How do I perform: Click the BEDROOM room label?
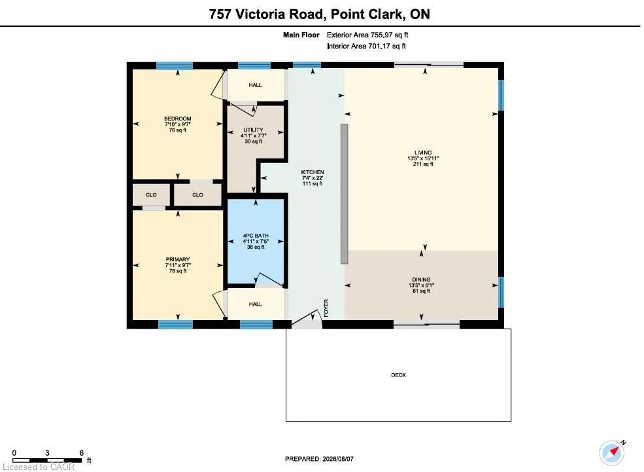point(178,119)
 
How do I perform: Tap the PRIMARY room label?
point(178,259)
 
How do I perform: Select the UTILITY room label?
point(254,130)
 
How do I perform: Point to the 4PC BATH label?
point(256,236)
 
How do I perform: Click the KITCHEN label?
point(313,172)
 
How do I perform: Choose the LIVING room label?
point(423,153)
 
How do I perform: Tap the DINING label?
point(422,280)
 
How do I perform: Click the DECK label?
point(398,375)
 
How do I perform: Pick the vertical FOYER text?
point(326,308)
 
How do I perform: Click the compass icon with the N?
point(612,452)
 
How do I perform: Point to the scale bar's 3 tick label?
point(47,452)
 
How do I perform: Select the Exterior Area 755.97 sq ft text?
point(367,35)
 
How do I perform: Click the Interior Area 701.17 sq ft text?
point(366,46)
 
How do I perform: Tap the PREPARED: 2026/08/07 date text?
point(319,459)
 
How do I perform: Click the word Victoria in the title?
point(279,14)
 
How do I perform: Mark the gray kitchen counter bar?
point(344,194)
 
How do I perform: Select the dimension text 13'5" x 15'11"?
point(424,158)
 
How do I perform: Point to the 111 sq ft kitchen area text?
point(313,184)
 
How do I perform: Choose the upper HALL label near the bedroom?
point(255,85)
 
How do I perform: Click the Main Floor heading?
point(301,35)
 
